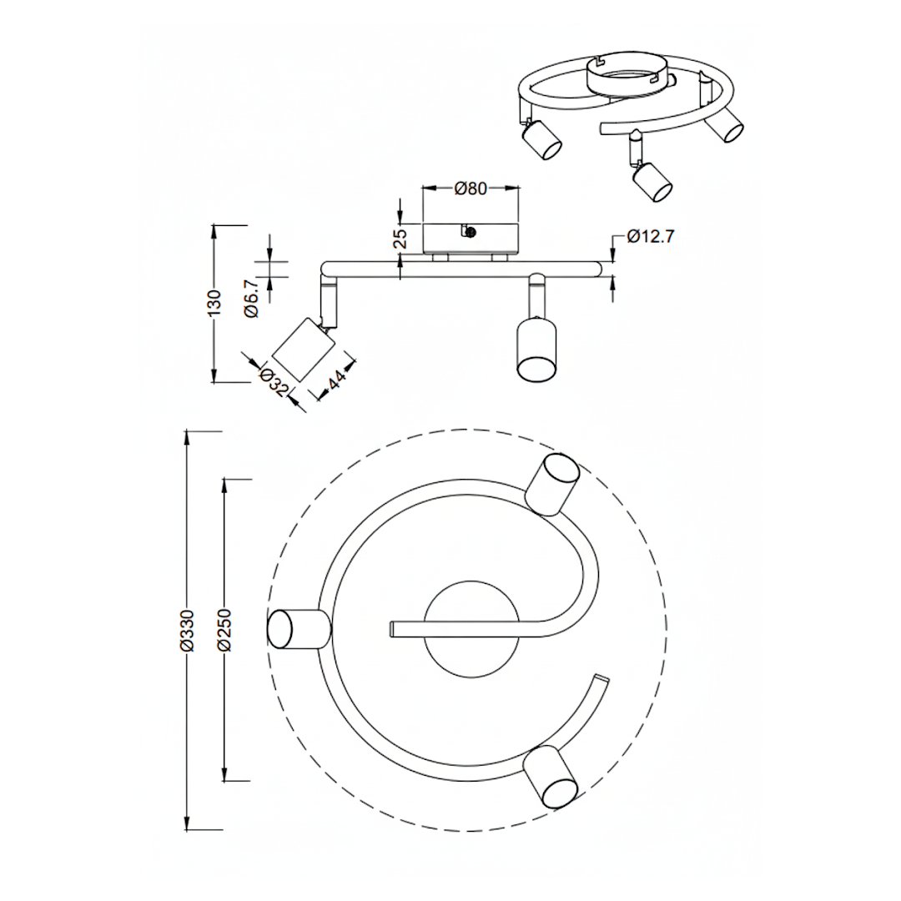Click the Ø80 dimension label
[471, 189]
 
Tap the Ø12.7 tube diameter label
[650, 236]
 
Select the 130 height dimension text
[214, 303]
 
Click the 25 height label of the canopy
[400, 238]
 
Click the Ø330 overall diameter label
[188, 630]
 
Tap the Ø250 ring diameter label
[224, 630]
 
